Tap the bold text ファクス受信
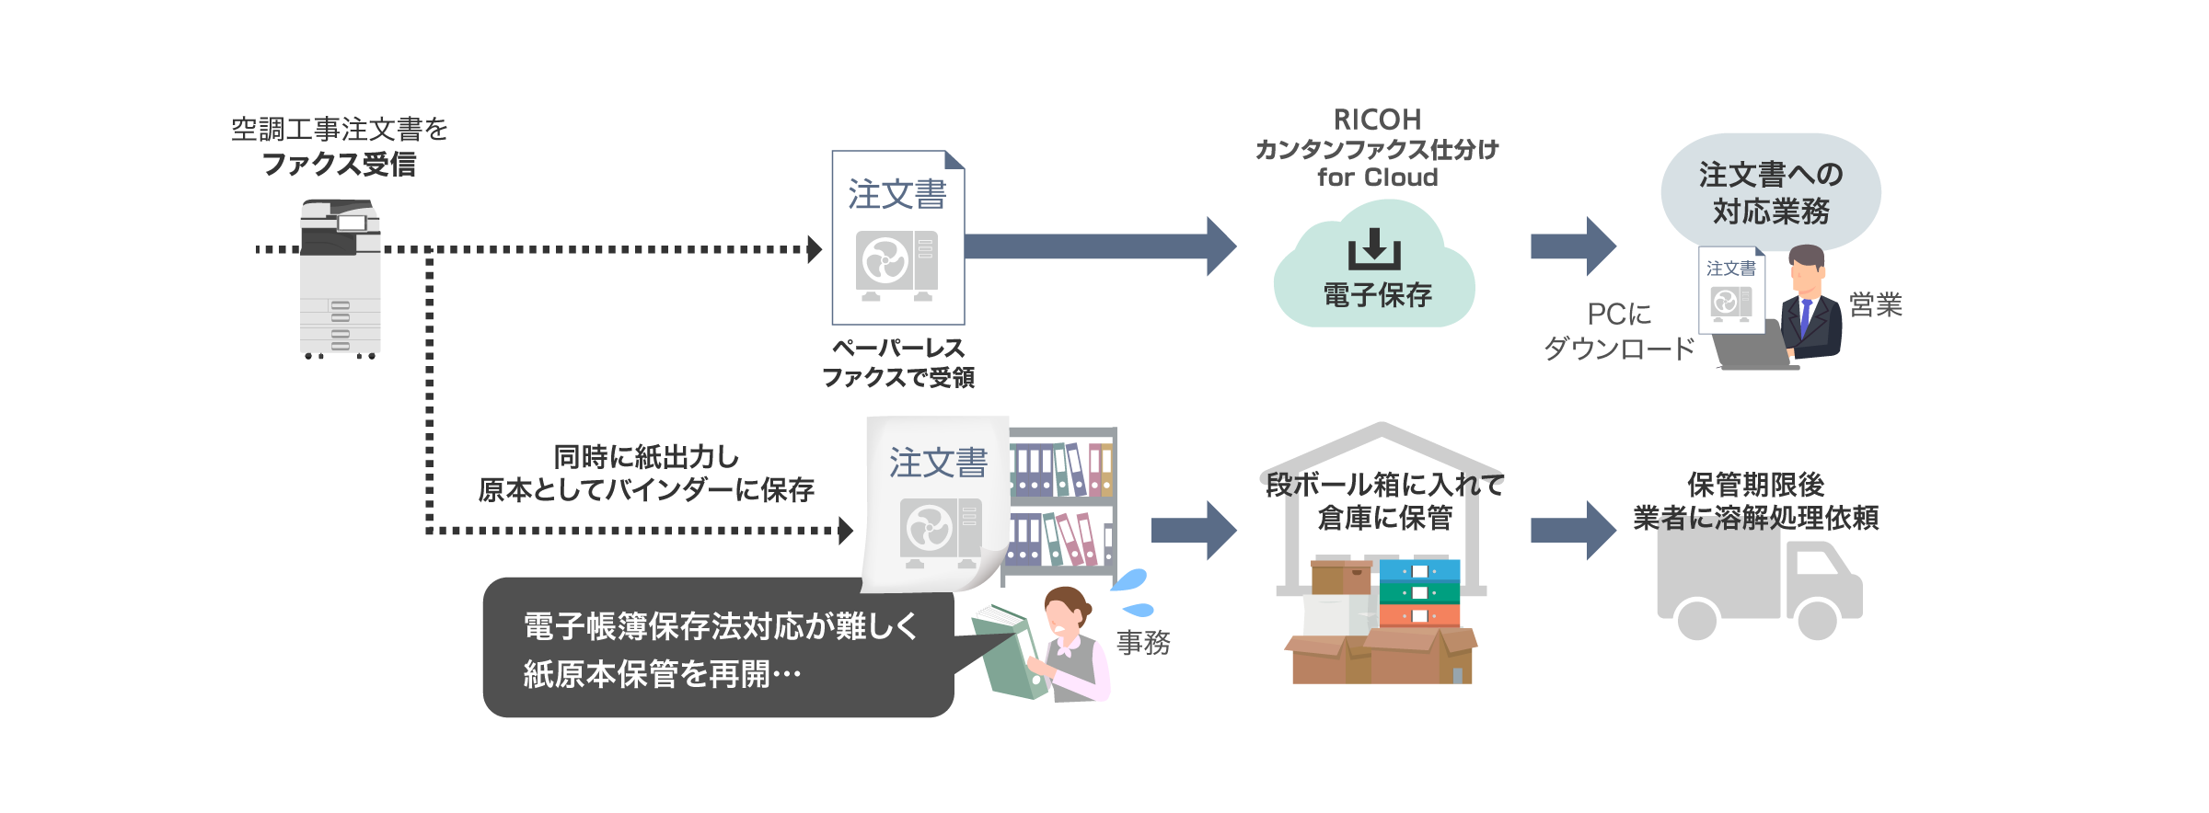coord(339,165)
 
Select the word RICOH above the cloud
coord(1377,120)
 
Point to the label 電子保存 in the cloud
coord(1377,295)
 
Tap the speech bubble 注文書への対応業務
coord(1770,192)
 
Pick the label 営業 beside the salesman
coord(1875,304)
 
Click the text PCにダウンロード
coord(1619,331)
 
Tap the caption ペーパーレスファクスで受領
coord(897,362)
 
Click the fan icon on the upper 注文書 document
coord(884,260)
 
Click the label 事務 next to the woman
coord(1143,642)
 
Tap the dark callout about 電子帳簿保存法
coord(718,649)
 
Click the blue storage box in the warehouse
coord(1420,571)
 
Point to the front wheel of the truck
coord(1817,619)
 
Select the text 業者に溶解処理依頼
coord(1755,518)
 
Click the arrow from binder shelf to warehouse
coord(1193,531)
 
